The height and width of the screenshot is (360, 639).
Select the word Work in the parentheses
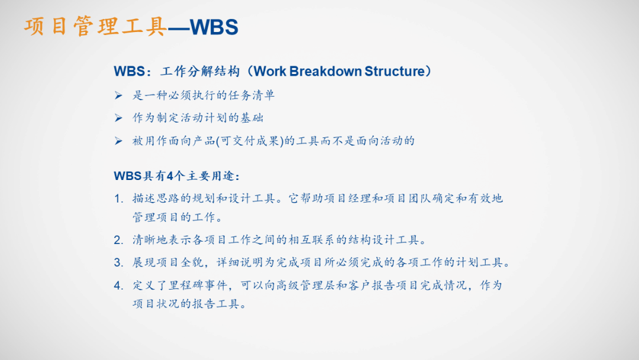click(271, 72)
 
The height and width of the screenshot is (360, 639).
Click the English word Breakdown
click(326, 72)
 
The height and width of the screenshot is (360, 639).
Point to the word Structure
click(395, 72)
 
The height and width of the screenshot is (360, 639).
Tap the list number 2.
click(118, 240)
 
